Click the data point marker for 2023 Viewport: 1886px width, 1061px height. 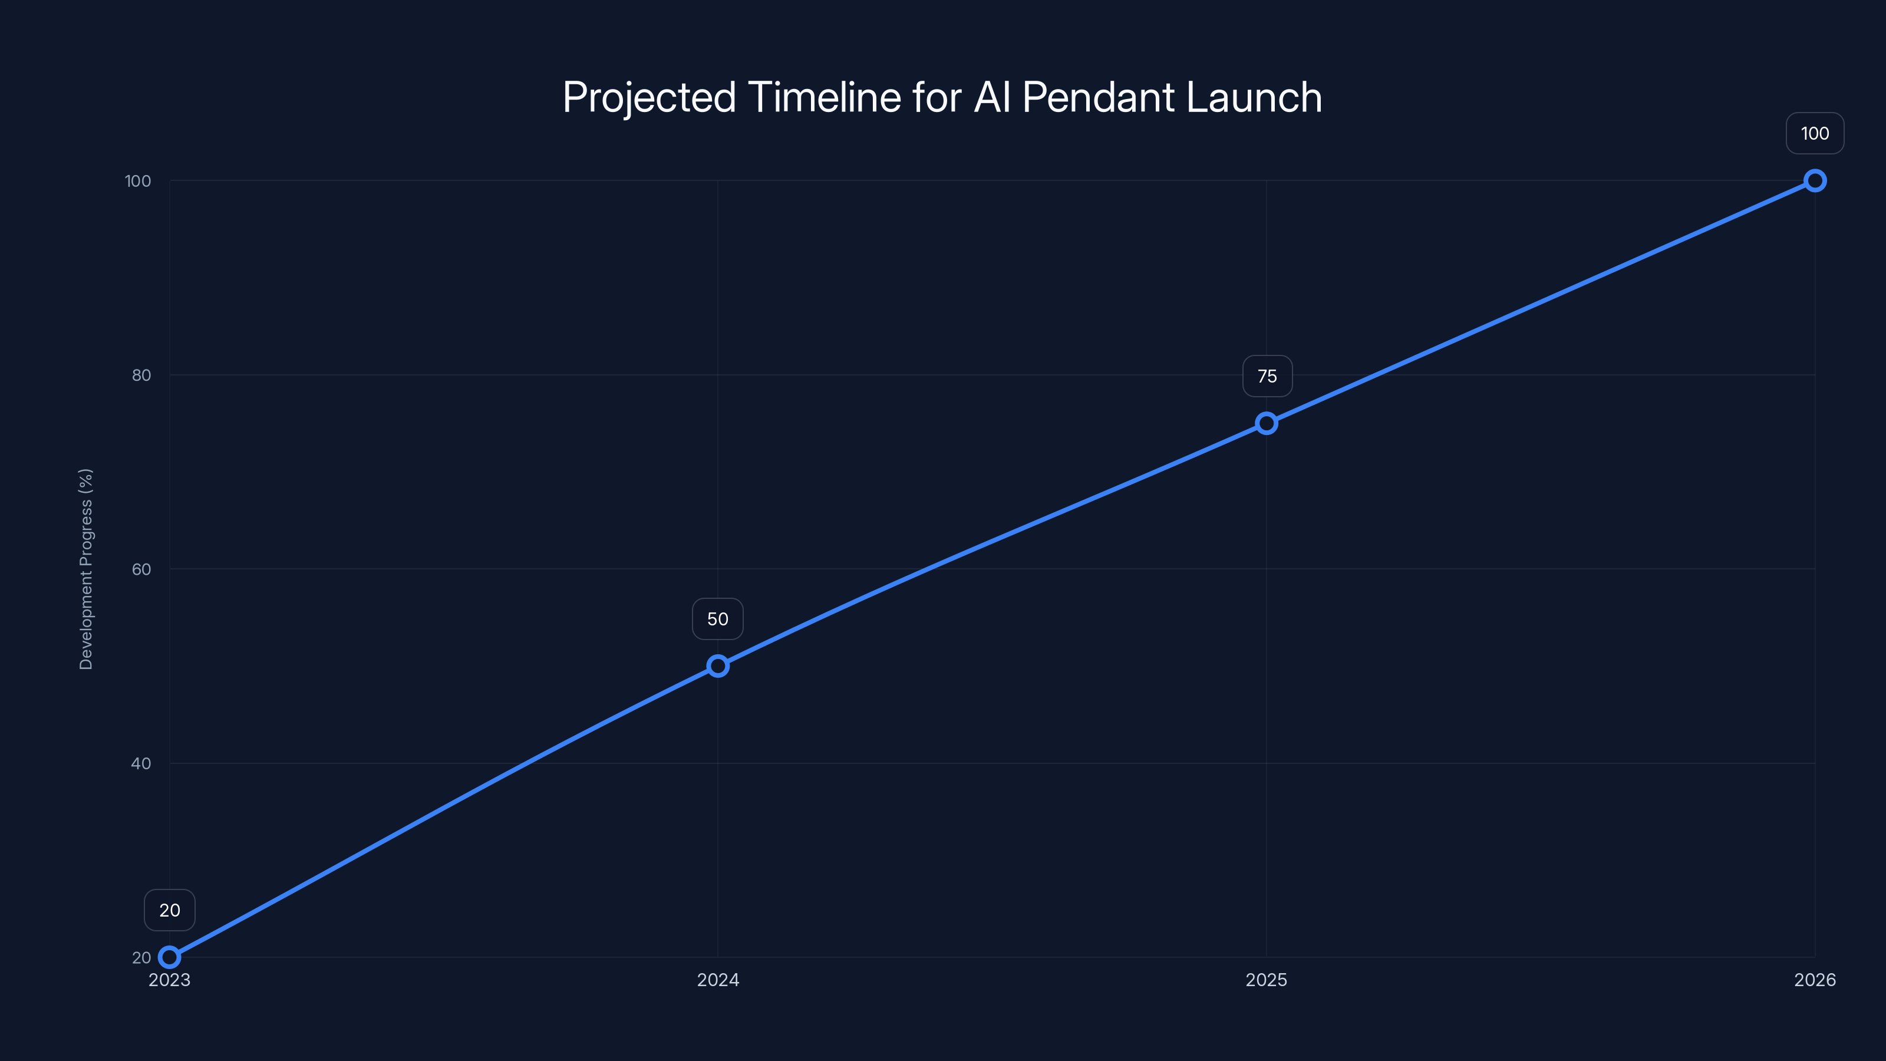[x=170, y=957]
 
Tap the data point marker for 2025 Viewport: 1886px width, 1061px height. [x=1267, y=423]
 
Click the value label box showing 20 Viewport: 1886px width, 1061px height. [x=170, y=910]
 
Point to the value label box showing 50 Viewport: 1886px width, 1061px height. [x=717, y=619]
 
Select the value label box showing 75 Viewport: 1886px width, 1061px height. [x=1267, y=377]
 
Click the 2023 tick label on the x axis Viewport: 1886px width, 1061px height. [x=170, y=980]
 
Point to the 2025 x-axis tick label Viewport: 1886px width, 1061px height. [x=1267, y=980]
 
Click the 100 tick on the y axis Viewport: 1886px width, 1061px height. [x=138, y=181]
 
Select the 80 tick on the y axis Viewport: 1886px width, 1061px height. [x=141, y=375]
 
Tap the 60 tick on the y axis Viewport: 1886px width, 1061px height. [x=141, y=569]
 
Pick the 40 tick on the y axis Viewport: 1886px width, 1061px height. [x=141, y=763]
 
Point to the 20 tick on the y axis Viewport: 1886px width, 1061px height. [x=141, y=958]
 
